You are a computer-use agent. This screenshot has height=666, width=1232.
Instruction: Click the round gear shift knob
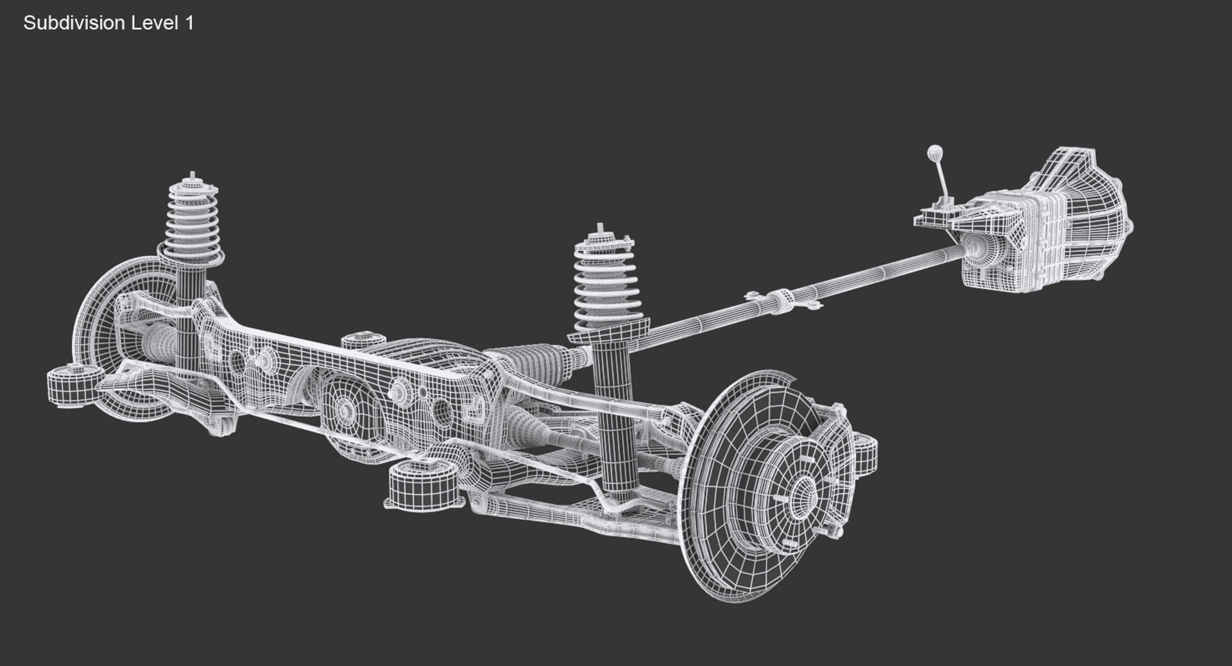point(934,153)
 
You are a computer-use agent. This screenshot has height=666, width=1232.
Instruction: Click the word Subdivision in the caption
point(74,23)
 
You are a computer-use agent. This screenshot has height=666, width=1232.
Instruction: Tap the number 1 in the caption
point(189,23)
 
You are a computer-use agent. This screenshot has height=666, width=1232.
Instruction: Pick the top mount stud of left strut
point(193,176)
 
